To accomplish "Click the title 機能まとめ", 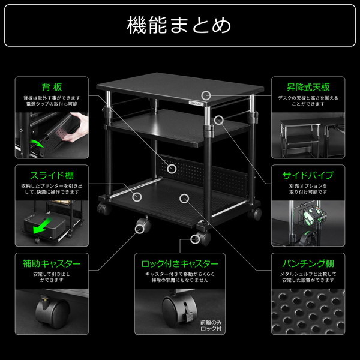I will coord(179,26).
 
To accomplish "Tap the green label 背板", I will coord(51,86).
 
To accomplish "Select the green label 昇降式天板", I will coord(308,86).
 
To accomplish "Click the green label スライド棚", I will coord(51,176).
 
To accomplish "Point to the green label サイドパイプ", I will coord(308,176).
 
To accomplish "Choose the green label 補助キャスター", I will coord(51,263).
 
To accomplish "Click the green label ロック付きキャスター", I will coord(179,263).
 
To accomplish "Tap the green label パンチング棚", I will coord(308,263).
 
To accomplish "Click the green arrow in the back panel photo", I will coord(37,143).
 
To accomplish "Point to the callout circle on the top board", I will coord(207,95).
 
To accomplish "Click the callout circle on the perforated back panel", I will coord(172,169).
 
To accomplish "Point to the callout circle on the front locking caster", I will coord(195,239).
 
